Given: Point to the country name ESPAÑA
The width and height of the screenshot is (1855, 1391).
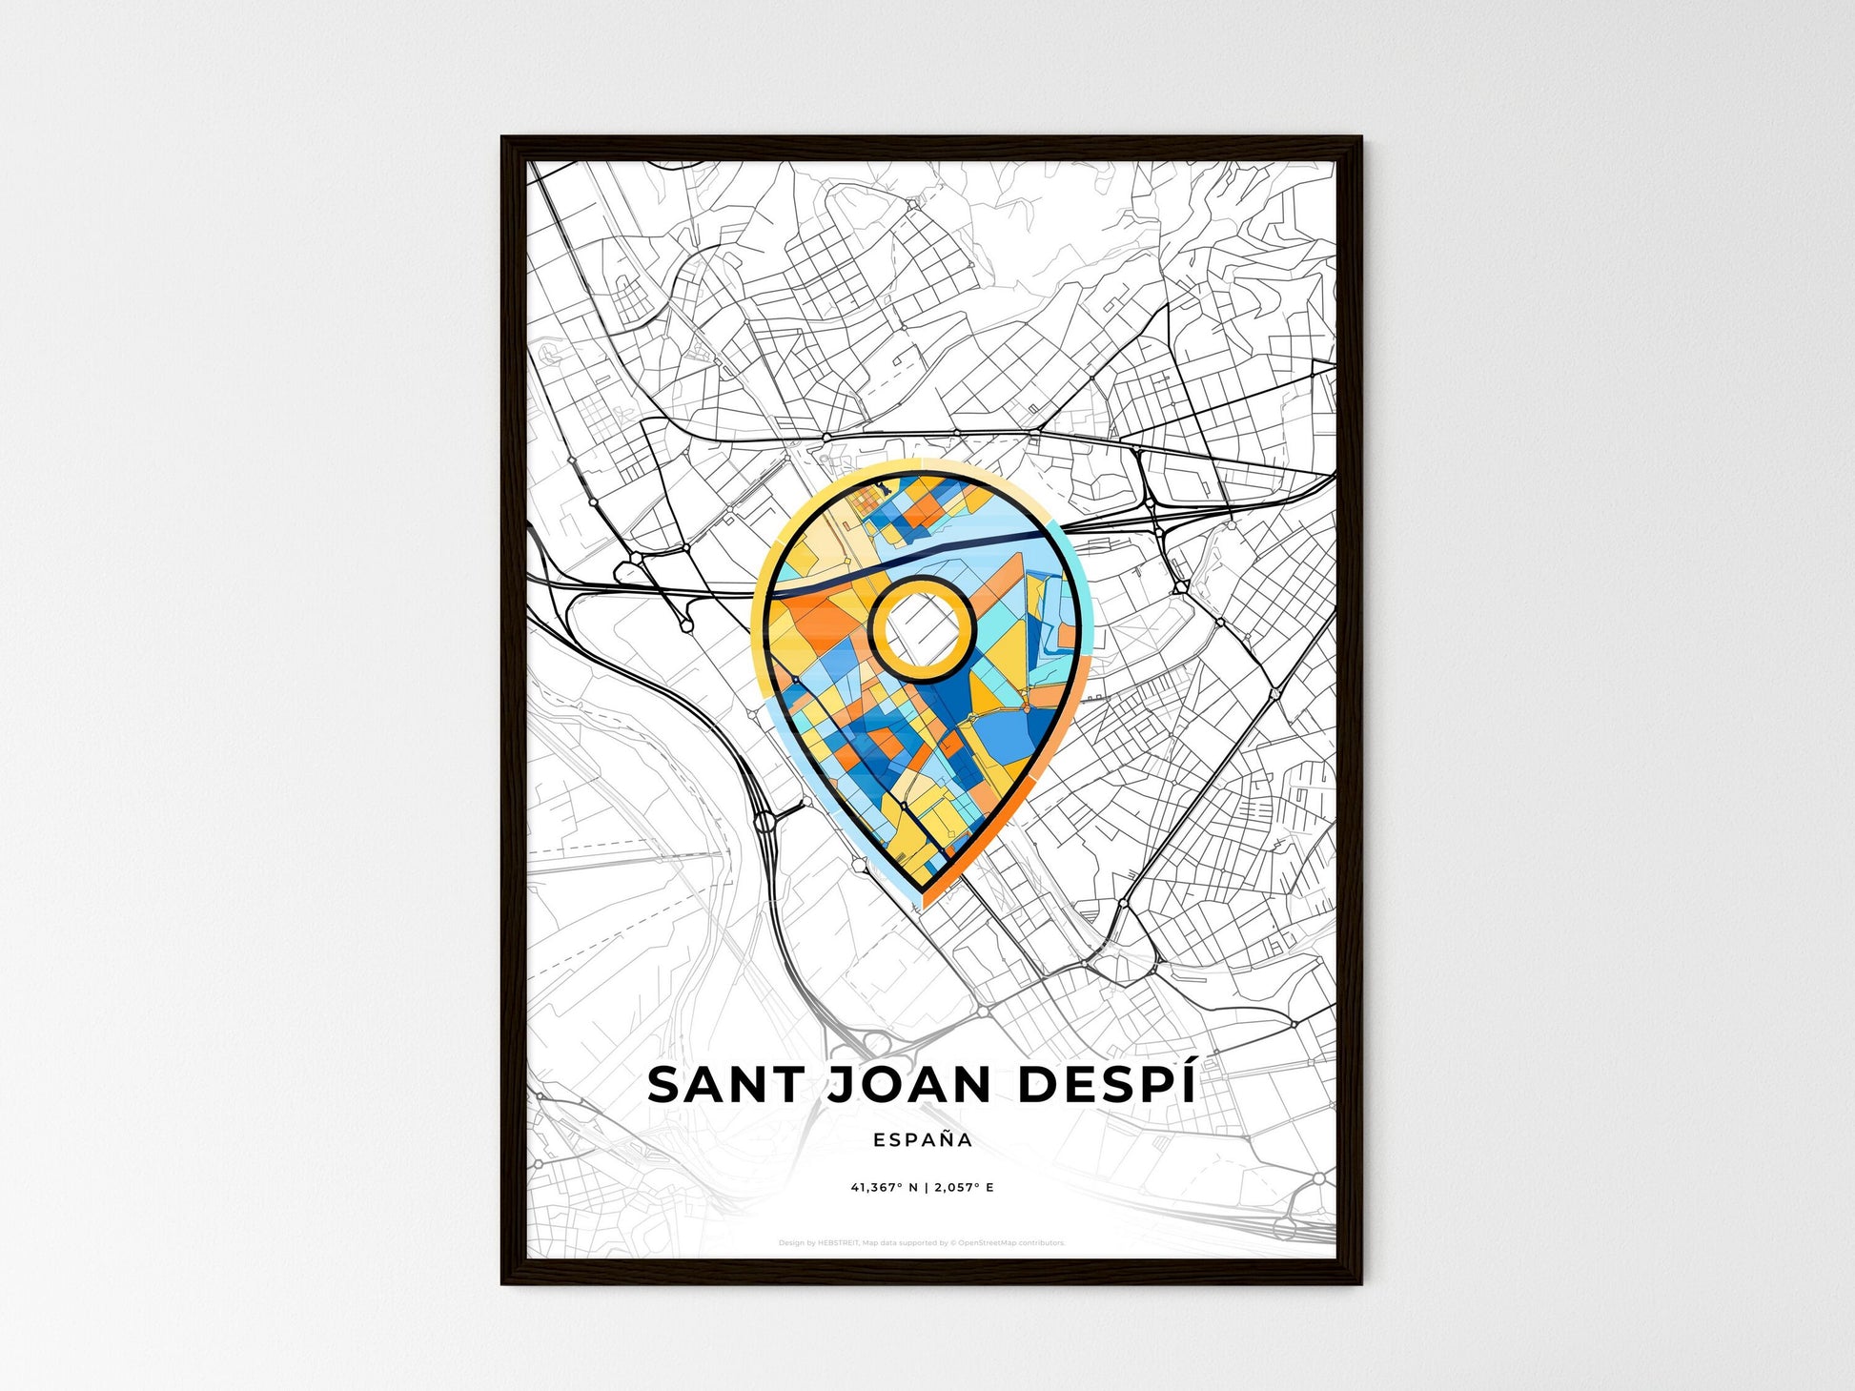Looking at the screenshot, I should (x=922, y=1139).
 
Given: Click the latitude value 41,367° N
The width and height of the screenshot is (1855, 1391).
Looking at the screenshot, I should (x=885, y=1188).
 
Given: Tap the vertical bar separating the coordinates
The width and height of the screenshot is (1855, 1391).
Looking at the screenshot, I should (x=926, y=1188).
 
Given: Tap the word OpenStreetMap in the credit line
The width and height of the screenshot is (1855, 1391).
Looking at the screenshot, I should (x=989, y=1243).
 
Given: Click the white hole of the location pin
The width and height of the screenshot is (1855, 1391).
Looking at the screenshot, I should (x=921, y=628).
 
